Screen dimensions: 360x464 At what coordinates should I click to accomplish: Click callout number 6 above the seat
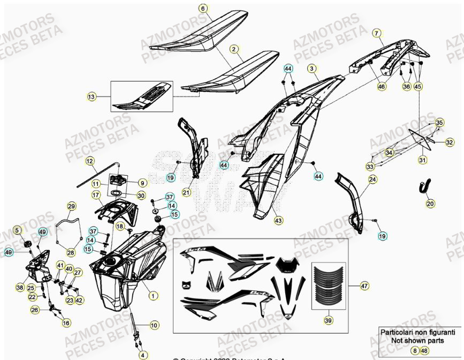pos(203,9)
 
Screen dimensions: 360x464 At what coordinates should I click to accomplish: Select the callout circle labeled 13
pos(92,96)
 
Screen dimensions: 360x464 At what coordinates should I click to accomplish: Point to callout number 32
pos(450,142)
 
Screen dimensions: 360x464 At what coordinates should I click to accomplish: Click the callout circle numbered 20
pos(430,203)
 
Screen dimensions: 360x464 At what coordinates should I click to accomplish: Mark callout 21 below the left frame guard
pos(187,192)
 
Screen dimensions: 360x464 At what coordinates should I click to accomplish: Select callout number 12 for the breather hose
pos(89,161)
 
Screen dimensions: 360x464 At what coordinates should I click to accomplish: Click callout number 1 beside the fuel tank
pos(154,295)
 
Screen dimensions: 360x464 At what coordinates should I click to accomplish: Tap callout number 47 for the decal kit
pos(364,286)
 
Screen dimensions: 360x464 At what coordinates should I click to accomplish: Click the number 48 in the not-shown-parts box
pos(424,350)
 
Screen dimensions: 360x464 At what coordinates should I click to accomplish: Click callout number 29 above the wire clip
pos(72,206)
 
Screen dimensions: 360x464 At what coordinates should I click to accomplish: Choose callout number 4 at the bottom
pos(142,355)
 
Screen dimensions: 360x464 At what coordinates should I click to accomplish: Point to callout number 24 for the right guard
pos(372,179)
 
